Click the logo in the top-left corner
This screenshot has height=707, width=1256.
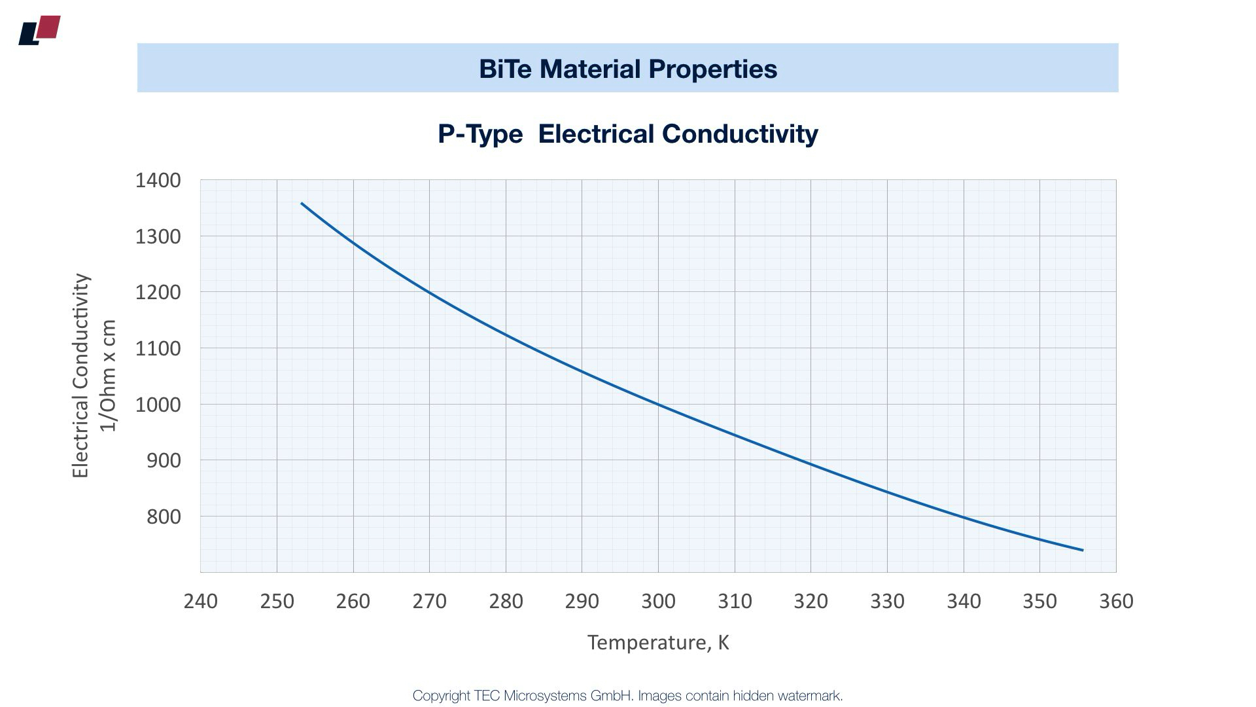[39, 30]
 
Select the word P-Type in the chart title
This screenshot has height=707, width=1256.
[480, 134]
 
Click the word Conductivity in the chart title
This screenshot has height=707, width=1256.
[740, 134]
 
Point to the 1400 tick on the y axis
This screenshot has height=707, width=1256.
[158, 180]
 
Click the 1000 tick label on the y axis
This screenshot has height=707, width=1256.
[158, 405]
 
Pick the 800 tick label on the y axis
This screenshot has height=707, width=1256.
[162, 517]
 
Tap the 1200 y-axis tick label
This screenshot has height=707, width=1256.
[158, 292]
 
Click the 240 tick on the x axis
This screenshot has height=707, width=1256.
[201, 601]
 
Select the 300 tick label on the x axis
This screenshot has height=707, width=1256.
[658, 601]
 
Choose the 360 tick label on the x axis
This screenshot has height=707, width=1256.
[1116, 601]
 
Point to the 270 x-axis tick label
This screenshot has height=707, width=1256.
[429, 601]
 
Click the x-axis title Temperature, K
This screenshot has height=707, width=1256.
[658, 642]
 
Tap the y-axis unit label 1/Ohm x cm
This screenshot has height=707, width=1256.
[108, 376]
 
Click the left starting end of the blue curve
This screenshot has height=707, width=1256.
[302, 204]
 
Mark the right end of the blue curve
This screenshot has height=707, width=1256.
[1083, 550]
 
